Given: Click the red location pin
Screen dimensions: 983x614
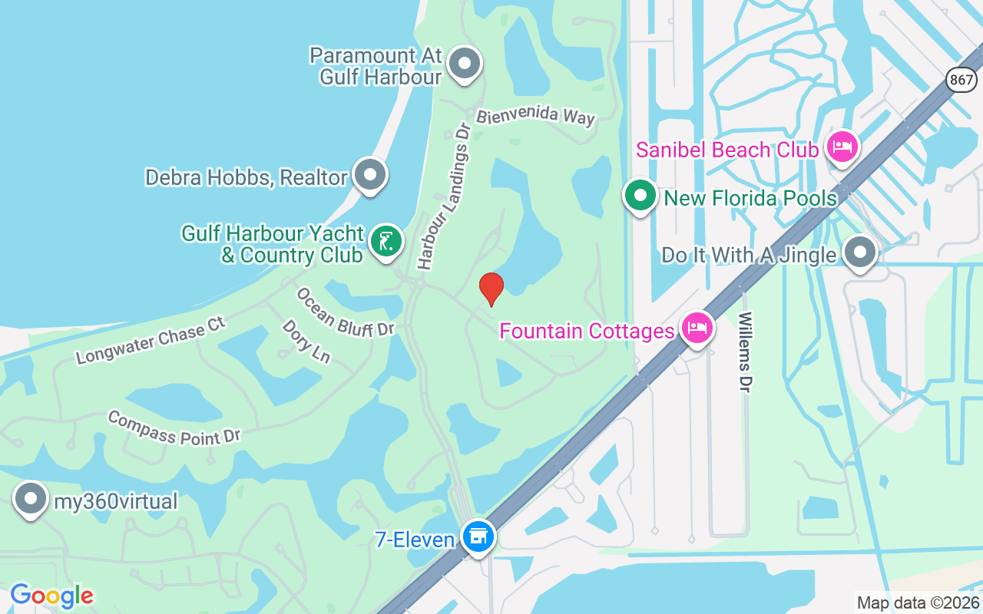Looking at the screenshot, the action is click(x=491, y=289).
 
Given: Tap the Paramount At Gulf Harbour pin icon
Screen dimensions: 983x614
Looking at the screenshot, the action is click(x=464, y=64).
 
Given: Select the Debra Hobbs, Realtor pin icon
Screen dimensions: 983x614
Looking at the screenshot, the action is click(x=370, y=175).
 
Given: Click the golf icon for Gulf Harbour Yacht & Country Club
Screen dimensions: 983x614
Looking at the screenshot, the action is click(x=386, y=241).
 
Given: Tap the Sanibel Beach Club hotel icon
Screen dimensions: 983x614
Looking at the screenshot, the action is click(x=842, y=147).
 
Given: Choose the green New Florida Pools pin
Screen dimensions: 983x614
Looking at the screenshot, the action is click(x=640, y=196).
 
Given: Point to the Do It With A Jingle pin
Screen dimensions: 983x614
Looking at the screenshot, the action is click(x=860, y=252).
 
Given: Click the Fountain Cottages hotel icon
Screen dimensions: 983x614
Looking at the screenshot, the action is click(x=697, y=329).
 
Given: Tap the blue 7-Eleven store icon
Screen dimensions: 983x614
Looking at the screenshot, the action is click(x=478, y=536).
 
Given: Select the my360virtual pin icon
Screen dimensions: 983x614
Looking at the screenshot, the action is click(x=31, y=499).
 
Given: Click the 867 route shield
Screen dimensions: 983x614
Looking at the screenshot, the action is click(x=961, y=78).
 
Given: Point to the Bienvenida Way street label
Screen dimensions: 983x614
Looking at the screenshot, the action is click(x=535, y=117).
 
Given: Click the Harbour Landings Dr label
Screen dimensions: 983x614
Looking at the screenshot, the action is click(x=444, y=196).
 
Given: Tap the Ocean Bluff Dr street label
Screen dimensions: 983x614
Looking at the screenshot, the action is click(x=345, y=312).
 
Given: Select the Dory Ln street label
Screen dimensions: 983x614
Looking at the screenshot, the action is click(x=306, y=342).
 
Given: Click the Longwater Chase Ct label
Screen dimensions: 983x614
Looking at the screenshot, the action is click(x=151, y=340).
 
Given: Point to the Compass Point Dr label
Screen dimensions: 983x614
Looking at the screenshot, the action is click(x=174, y=427).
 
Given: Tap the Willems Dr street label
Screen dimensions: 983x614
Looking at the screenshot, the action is click(x=745, y=352).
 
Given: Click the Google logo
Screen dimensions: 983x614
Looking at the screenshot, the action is click(x=51, y=596).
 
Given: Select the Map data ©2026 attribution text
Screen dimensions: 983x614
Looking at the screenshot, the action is click(x=918, y=602).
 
